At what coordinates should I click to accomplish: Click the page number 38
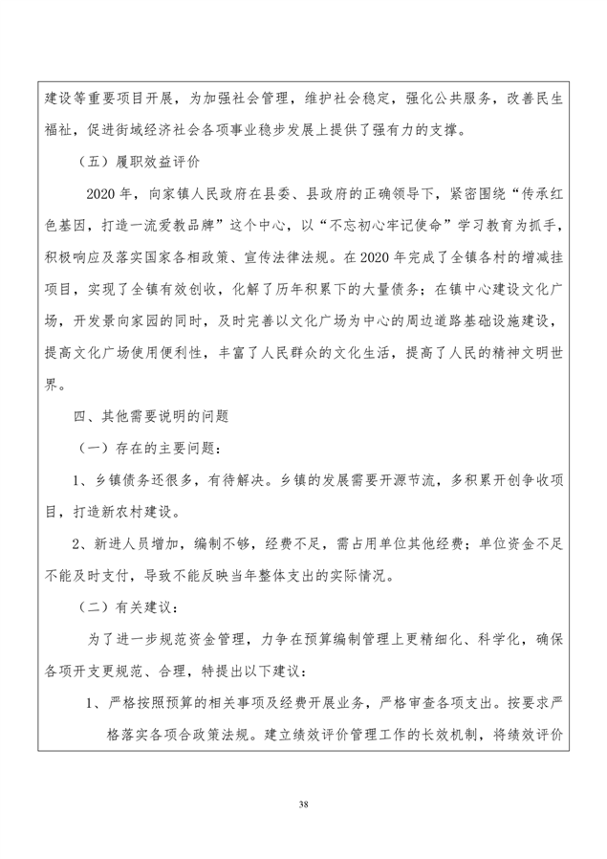point(303,801)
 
